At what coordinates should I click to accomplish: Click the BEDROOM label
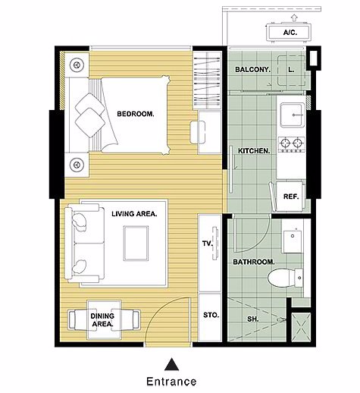pyautogui.click(x=136, y=114)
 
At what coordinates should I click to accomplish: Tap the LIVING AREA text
pyautogui.click(x=134, y=214)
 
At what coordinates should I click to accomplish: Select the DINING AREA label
pyautogui.click(x=102, y=320)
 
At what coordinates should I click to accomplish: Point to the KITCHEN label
pyautogui.click(x=254, y=151)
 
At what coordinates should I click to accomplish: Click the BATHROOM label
pyautogui.click(x=254, y=262)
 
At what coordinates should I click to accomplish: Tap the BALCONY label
pyautogui.click(x=252, y=69)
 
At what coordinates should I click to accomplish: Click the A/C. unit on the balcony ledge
pyautogui.click(x=289, y=32)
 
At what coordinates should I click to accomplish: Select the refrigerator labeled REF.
pyautogui.click(x=290, y=196)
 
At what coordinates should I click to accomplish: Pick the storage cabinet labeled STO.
pyautogui.click(x=210, y=317)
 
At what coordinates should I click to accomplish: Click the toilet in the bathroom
pyautogui.click(x=285, y=278)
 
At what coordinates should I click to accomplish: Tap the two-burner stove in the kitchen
pyautogui.click(x=292, y=144)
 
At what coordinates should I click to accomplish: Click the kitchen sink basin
pyautogui.click(x=292, y=115)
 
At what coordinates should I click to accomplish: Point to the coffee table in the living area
pyautogui.click(x=136, y=244)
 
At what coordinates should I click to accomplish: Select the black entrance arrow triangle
pyautogui.click(x=172, y=364)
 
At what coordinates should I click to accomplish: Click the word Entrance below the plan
pyautogui.click(x=171, y=382)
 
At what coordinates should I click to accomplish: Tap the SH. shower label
pyautogui.click(x=253, y=319)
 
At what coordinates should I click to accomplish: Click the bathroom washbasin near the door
pyautogui.click(x=293, y=241)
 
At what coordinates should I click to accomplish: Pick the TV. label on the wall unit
pyautogui.click(x=208, y=244)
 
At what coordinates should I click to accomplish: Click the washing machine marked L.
pyautogui.click(x=291, y=70)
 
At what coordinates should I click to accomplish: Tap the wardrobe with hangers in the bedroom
pyautogui.click(x=208, y=80)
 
